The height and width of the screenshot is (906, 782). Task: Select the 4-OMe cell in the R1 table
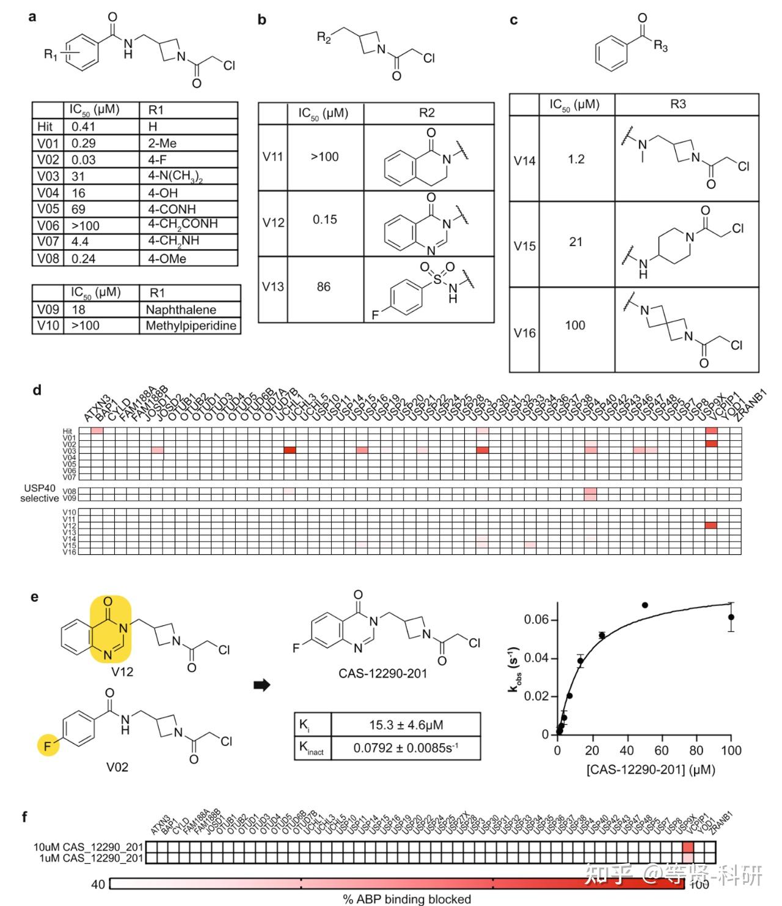point(167,259)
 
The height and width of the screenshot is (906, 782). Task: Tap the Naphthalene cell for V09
point(181,310)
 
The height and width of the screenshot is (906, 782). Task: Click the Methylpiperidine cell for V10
point(191,326)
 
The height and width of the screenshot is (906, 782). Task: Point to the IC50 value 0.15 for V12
point(324,220)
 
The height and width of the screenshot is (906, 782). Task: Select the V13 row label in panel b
point(273,287)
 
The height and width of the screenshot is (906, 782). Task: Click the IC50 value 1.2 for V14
point(576,159)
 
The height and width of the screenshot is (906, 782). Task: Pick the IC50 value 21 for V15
point(576,242)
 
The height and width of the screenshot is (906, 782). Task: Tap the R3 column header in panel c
point(678,104)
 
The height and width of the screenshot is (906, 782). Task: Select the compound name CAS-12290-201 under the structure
point(383,674)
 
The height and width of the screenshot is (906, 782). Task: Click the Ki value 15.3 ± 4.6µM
point(406,725)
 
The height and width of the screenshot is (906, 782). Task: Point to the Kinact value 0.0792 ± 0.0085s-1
point(406,748)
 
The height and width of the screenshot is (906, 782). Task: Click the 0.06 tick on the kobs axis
point(536,620)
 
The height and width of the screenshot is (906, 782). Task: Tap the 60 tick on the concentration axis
point(662,751)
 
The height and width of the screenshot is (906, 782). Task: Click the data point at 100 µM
point(731,617)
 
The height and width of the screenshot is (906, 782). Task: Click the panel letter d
point(37,390)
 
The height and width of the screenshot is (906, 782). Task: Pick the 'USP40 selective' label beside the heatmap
point(39,493)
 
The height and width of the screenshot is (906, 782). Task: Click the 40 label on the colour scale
point(98,885)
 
